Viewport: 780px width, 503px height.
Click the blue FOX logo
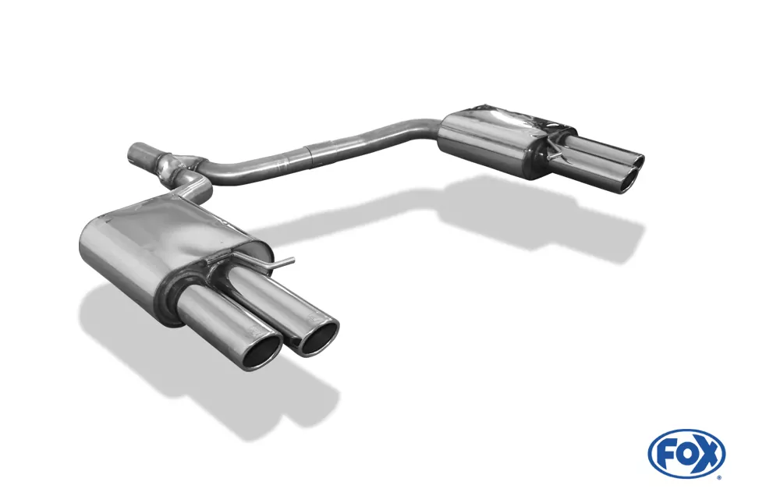click(x=686, y=453)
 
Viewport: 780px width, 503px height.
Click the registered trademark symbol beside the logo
click(x=718, y=476)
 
